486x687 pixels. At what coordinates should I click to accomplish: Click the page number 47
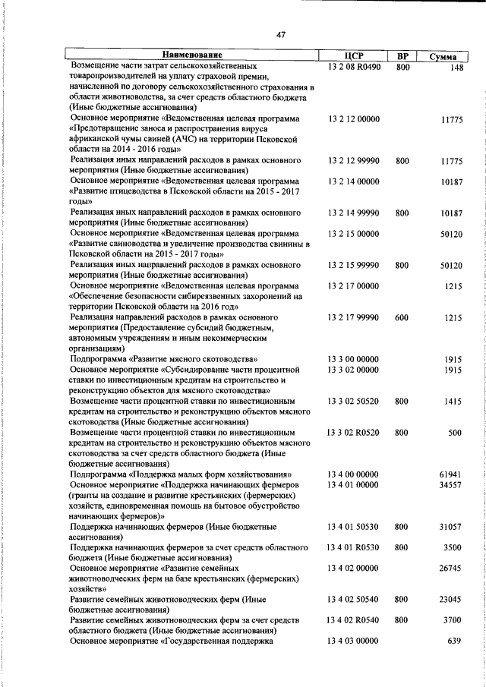click(280, 34)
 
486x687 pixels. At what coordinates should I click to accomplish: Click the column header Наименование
click(191, 55)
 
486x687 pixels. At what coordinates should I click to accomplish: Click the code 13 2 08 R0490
click(354, 67)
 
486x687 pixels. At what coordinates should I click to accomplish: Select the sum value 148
click(456, 68)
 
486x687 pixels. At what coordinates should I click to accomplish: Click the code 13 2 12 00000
click(353, 119)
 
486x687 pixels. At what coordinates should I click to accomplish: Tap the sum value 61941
click(451, 474)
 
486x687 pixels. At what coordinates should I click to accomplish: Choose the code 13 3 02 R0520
click(354, 432)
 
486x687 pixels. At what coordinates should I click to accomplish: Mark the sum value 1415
click(453, 401)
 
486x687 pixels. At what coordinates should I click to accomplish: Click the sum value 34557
click(451, 484)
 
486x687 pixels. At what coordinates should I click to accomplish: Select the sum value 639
click(456, 641)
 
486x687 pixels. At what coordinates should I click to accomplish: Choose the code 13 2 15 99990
click(353, 265)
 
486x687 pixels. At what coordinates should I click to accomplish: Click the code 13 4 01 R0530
click(354, 547)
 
